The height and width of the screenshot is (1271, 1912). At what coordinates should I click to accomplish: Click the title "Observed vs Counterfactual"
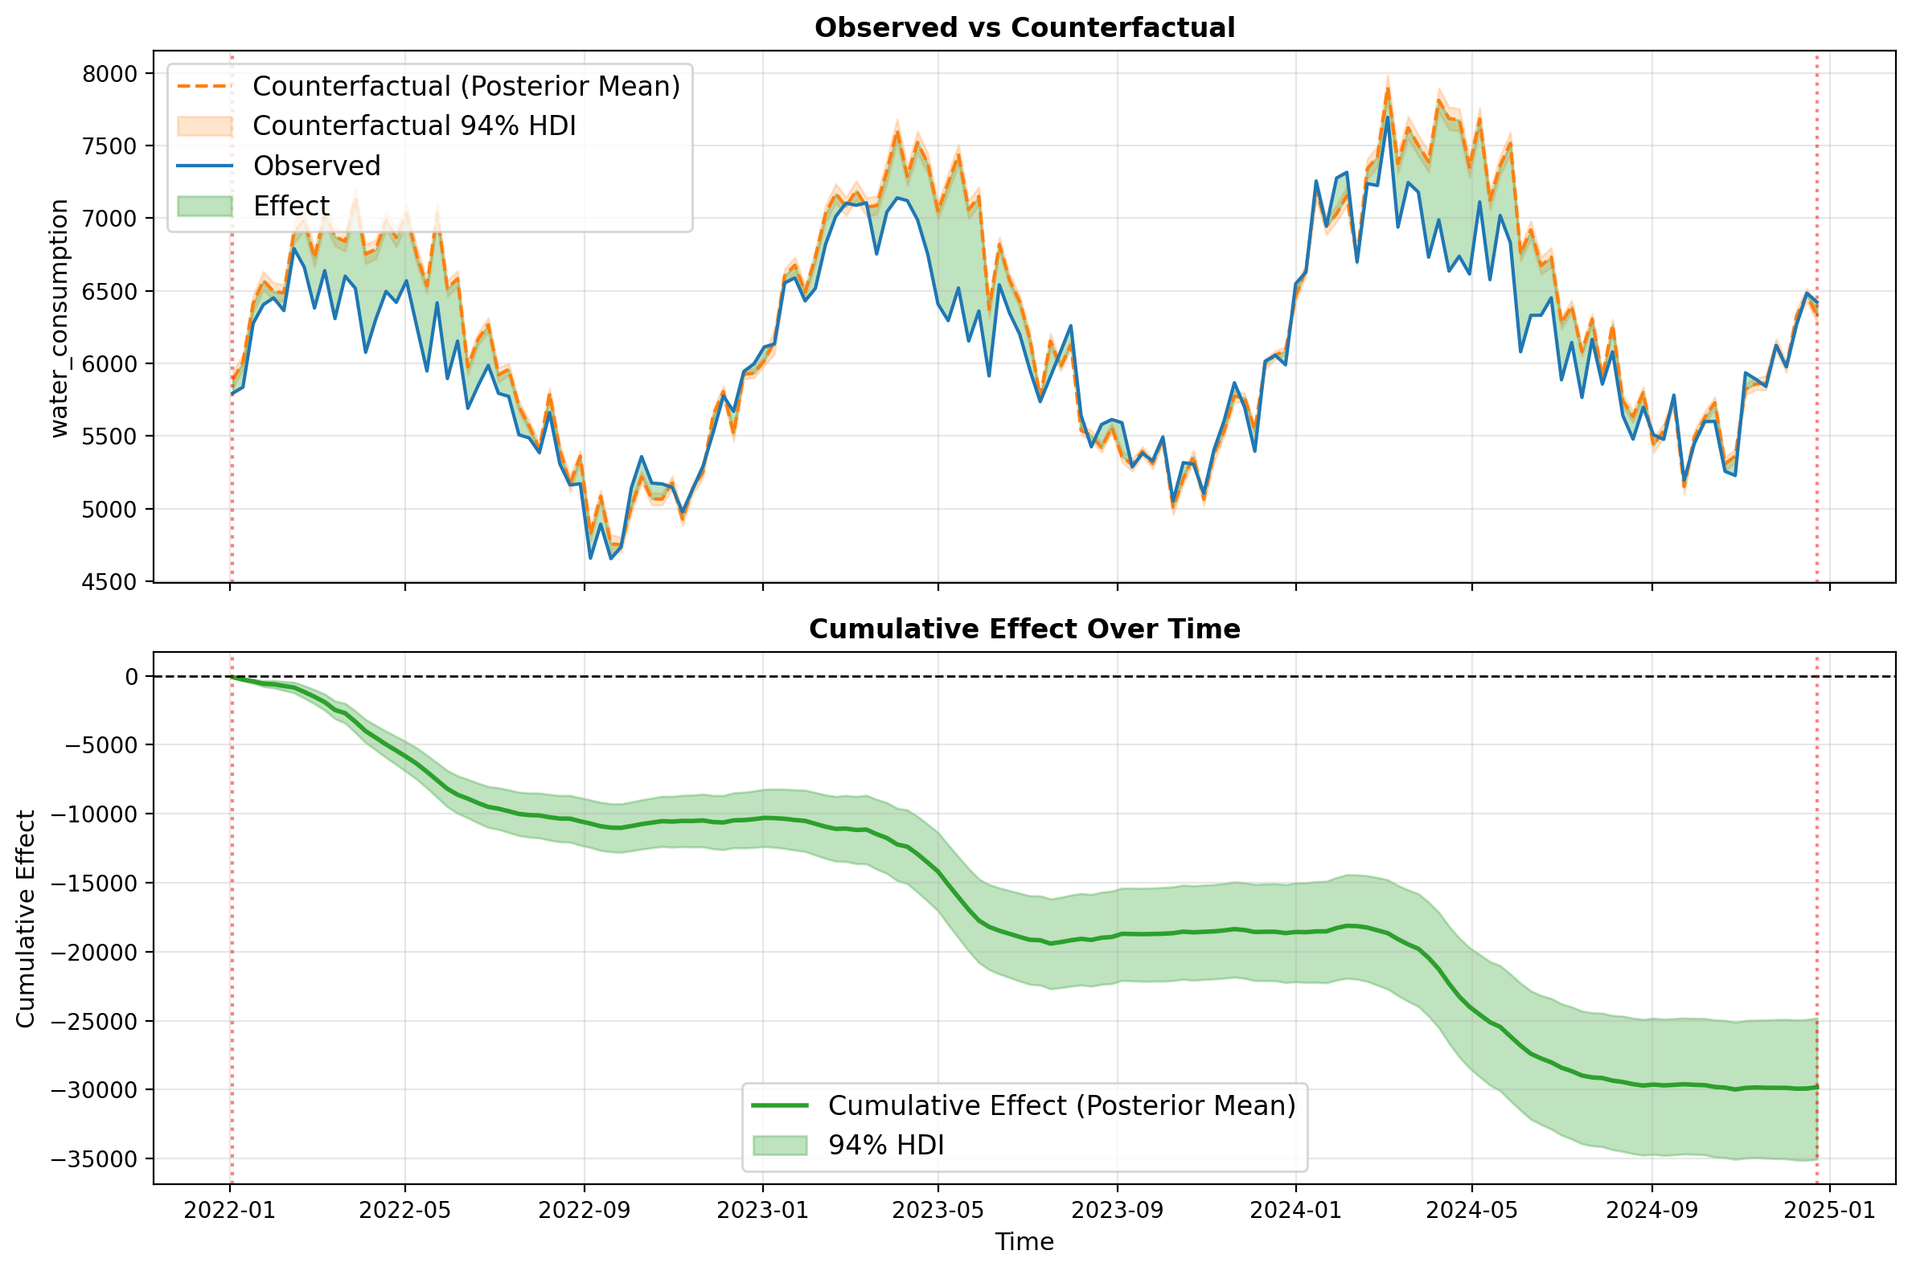click(1024, 28)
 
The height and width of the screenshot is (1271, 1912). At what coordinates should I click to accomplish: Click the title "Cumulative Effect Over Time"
click(1024, 629)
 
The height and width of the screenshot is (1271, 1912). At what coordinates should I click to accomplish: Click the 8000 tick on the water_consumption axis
click(110, 74)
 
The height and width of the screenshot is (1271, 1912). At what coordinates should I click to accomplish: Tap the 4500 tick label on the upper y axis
click(110, 582)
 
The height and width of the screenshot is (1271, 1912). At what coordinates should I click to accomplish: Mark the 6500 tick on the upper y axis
click(110, 292)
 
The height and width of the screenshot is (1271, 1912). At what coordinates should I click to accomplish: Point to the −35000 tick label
click(94, 1159)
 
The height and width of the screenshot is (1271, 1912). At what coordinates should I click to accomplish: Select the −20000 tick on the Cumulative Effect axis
click(94, 953)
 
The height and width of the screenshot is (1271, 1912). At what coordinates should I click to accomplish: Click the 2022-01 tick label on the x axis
click(230, 1210)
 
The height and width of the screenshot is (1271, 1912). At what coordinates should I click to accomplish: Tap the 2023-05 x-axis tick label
click(938, 1210)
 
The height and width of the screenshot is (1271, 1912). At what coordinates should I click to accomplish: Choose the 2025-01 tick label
click(1830, 1210)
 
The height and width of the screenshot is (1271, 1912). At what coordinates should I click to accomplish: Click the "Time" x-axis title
click(1024, 1242)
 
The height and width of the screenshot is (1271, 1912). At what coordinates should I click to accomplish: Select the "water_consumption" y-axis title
click(60, 318)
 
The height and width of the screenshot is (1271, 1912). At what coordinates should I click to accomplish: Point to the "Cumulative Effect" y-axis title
click(26, 919)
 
